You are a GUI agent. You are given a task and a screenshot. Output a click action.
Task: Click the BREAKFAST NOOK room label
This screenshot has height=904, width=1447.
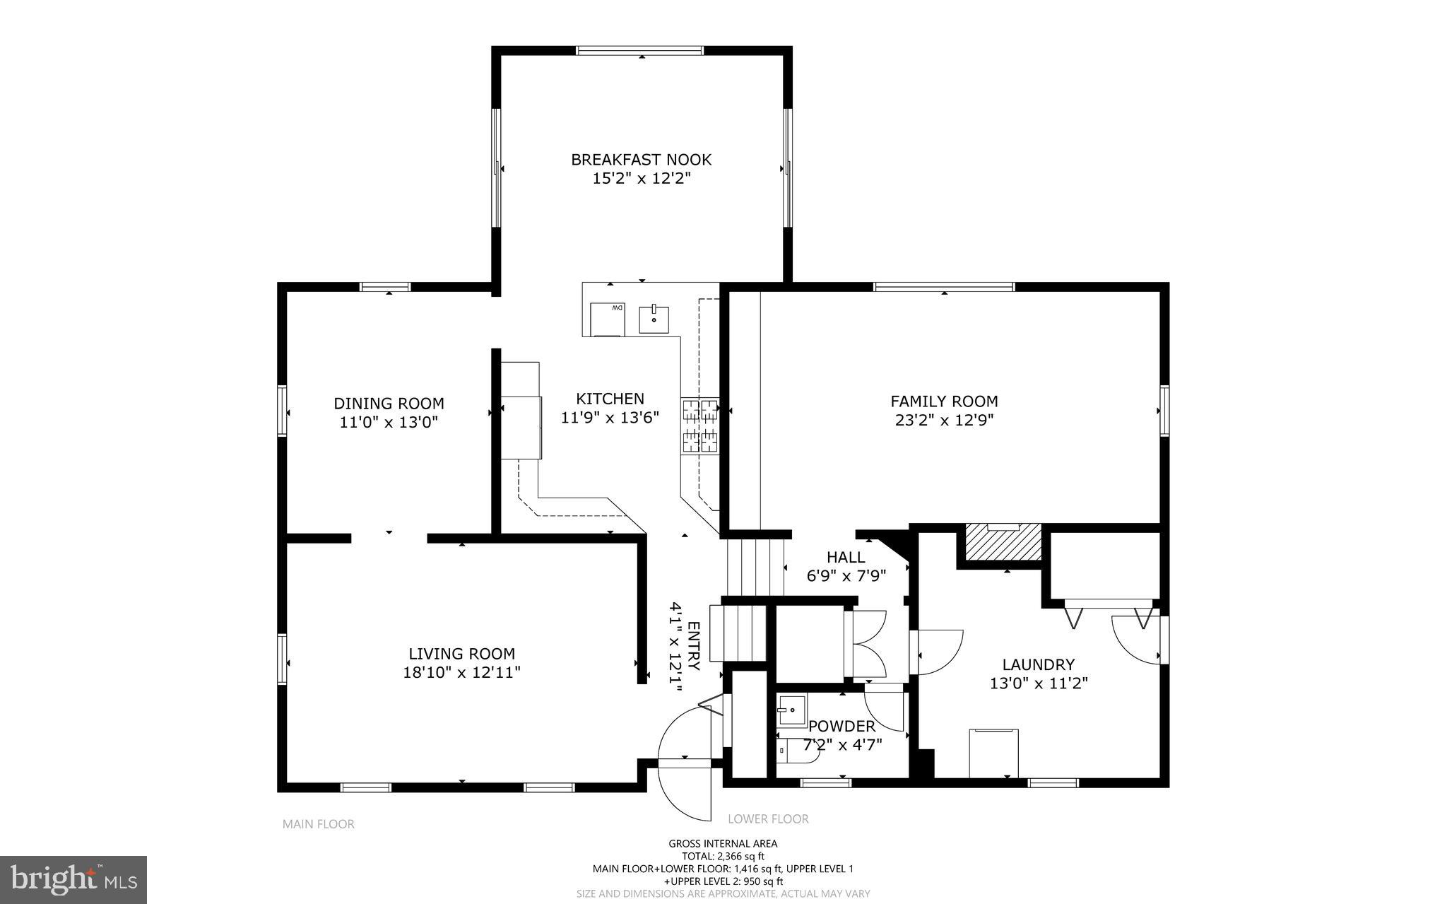tap(641, 160)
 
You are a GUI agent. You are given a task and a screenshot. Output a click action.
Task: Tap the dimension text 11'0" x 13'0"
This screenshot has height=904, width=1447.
tap(389, 423)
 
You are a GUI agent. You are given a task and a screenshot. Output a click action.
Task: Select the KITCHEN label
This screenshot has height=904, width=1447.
tap(610, 399)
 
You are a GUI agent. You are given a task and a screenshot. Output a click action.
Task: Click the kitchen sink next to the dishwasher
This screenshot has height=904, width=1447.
tap(654, 319)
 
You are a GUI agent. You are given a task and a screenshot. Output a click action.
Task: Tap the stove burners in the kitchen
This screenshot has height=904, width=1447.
tap(699, 425)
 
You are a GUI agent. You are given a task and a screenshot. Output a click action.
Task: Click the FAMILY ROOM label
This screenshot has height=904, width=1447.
tap(944, 401)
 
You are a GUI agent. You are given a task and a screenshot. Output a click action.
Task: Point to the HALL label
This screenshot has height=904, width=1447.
tap(846, 557)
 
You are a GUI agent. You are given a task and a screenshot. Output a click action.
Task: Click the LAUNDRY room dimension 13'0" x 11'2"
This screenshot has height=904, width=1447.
tap(1038, 683)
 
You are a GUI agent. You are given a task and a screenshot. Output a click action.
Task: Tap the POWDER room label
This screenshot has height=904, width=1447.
tap(841, 726)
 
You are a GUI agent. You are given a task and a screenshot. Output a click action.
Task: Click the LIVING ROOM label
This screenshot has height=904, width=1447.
tap(461, 654)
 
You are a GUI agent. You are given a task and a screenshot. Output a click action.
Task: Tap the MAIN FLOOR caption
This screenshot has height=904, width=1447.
tap(318, 824)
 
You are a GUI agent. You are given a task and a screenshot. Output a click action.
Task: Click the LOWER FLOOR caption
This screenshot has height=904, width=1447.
tap(768, 819)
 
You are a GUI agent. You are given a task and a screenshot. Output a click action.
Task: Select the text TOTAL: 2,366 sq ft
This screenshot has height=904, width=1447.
tap(723, 856)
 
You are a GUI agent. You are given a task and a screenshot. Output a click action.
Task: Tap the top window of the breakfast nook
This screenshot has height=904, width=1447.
tap(640, 51)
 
